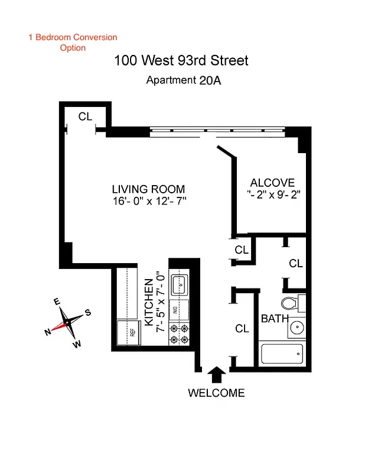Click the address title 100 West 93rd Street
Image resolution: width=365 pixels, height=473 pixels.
181,60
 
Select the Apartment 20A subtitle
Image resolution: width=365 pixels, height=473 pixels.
184,80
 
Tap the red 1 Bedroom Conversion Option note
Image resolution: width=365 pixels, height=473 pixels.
73,42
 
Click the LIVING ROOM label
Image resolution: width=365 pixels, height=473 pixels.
149,189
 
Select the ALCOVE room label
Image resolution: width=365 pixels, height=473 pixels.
272,183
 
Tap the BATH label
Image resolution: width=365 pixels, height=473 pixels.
275,319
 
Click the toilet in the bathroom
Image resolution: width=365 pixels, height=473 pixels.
290,303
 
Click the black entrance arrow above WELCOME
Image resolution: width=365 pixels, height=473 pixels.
216,374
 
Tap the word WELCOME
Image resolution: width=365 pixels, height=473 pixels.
216,393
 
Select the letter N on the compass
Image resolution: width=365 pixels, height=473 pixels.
48,332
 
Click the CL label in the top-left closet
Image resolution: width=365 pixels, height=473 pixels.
85,116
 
